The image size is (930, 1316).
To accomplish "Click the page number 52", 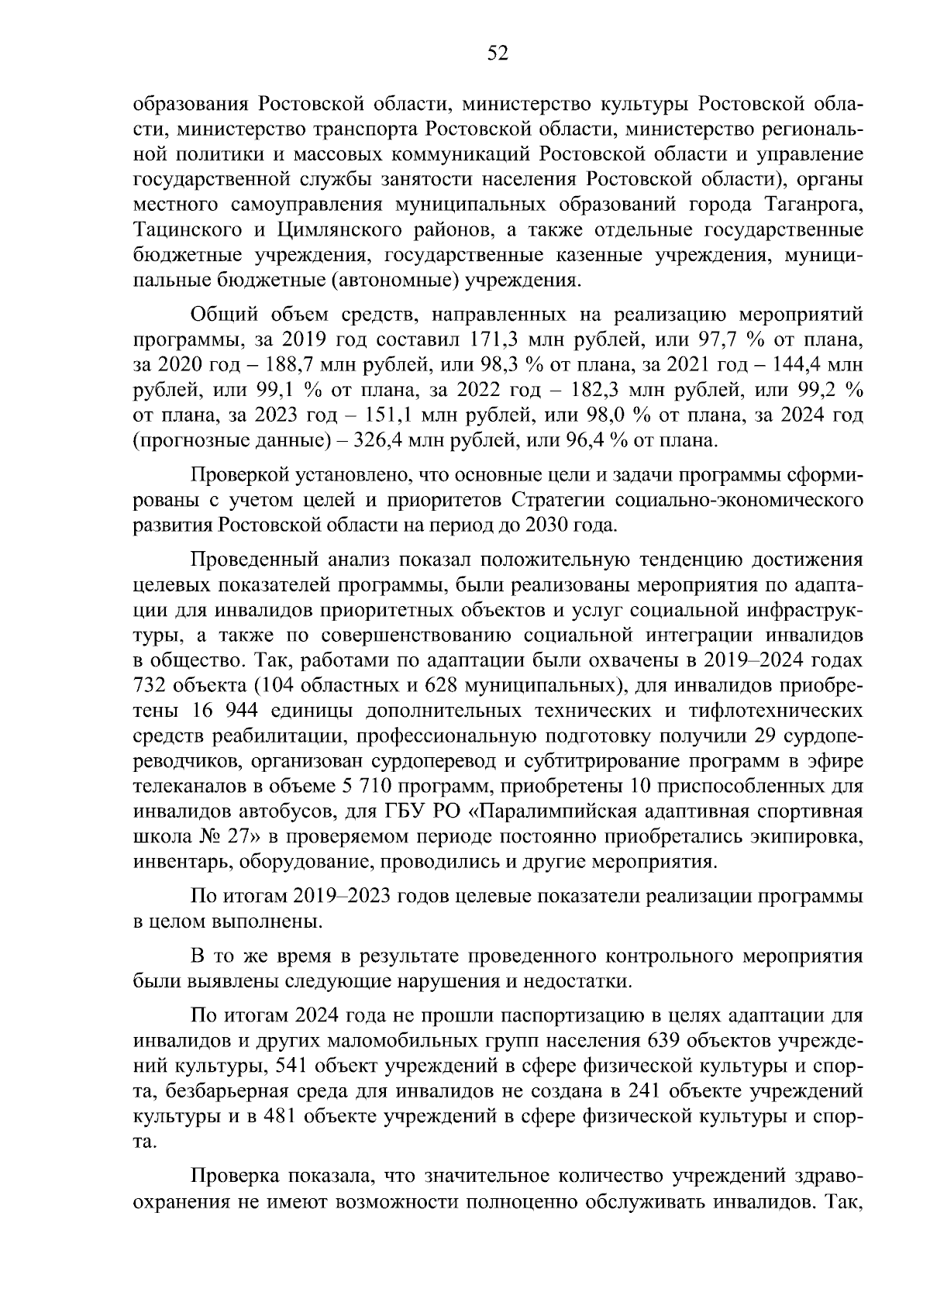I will click(x=497, y=53).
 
